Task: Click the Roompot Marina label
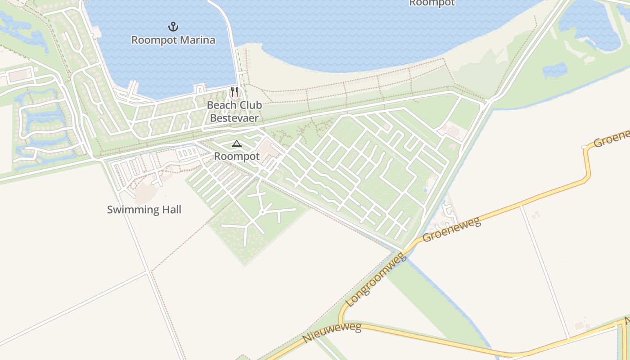pos(173,40)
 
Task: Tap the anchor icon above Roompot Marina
pos(173,27)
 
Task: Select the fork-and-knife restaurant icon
pos(234,92)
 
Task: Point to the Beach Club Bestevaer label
pos(234,112)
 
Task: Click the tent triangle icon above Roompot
pos(236,144)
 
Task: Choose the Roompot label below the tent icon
pos(237,156)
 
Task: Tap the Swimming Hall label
pos(144,209)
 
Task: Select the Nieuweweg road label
pos(332,333)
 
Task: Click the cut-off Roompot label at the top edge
pos(432,3)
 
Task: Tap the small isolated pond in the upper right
pos(554,70)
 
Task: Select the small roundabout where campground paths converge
pos(262,212)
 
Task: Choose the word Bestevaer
pos(234,118)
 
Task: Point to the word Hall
pos(171,209)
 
